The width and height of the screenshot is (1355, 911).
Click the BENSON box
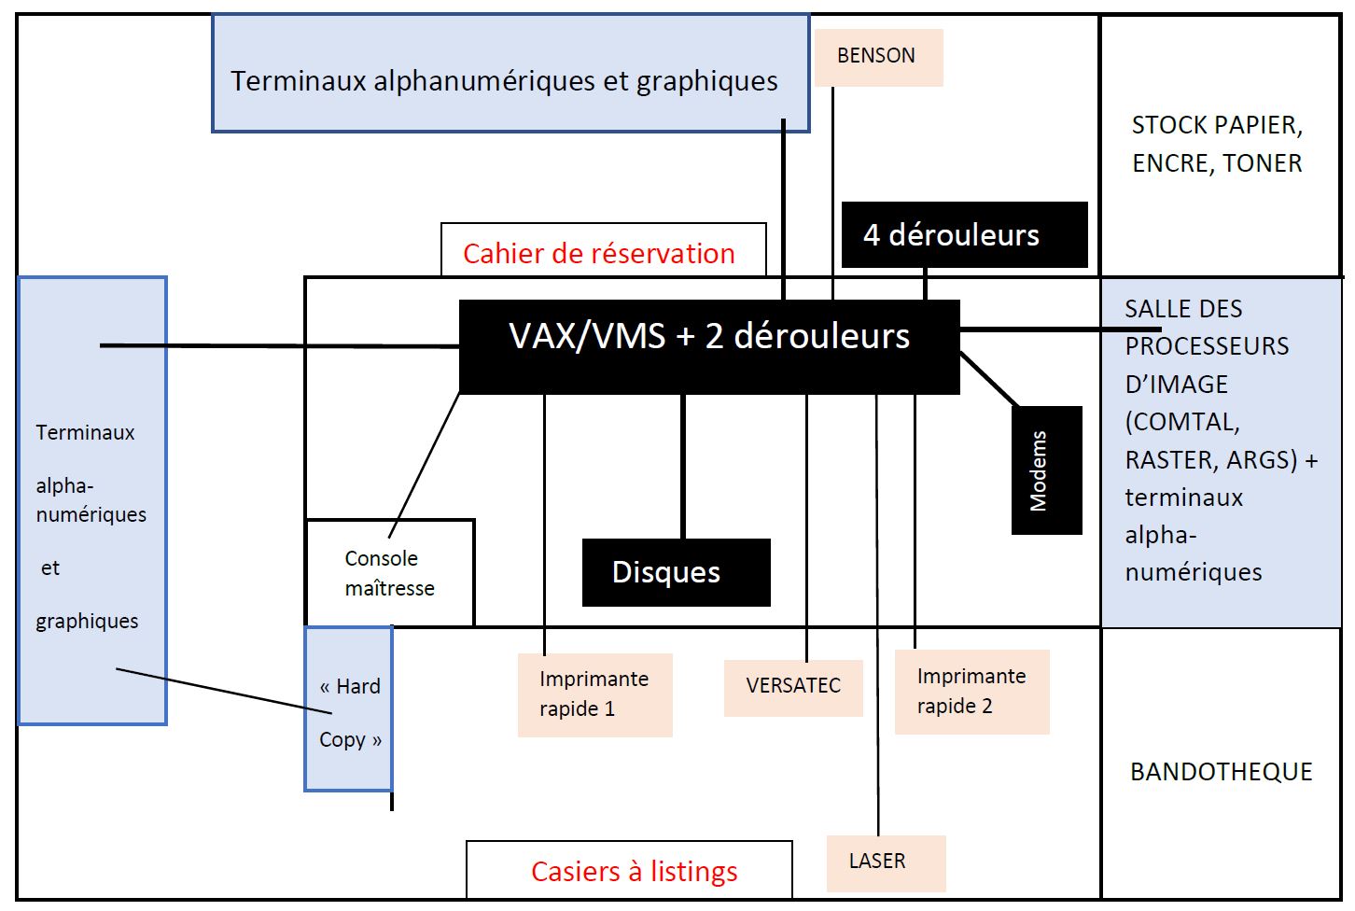[877, 57]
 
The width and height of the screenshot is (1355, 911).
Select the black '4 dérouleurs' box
[964, 234]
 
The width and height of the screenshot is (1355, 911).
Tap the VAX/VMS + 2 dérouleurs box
[709, 345]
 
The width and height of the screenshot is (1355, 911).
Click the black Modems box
[1046, 470]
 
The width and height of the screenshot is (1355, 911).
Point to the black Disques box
[676, 572]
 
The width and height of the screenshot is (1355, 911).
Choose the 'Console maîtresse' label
[389, 573]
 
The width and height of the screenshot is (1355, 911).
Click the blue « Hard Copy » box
[349, 709]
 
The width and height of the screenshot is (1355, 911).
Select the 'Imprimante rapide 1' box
[594, 694]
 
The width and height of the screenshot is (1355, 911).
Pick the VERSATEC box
[793, 687]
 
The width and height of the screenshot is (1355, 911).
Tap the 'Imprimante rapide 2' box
[971, 692]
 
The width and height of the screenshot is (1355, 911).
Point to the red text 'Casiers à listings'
[634, 872]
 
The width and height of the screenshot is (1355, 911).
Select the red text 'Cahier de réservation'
[598, 254]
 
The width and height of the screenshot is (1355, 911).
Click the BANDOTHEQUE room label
[1221, 772]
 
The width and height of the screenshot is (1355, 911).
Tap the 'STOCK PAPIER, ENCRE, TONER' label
[1217, 145]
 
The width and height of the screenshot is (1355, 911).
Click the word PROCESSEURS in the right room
[1207, 346]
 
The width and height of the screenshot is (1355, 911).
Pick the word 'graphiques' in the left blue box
[87, 622]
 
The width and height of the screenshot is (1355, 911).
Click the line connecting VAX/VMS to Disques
[683, 467]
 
